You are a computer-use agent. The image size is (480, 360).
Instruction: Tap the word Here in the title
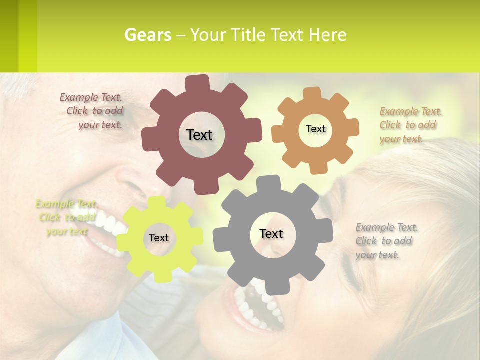(x=327, y=35)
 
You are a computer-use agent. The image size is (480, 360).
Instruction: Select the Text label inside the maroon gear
(x=199, y=135)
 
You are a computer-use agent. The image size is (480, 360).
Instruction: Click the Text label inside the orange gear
(x=315, y=129)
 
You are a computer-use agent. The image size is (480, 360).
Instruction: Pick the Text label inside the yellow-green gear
(x=159, y=238)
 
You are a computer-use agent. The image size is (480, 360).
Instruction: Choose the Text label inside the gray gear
(x=271, y=233)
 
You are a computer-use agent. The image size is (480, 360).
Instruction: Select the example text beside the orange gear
(x=410, y=125)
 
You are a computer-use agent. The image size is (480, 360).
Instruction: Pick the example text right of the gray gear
(x=386, y=241)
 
